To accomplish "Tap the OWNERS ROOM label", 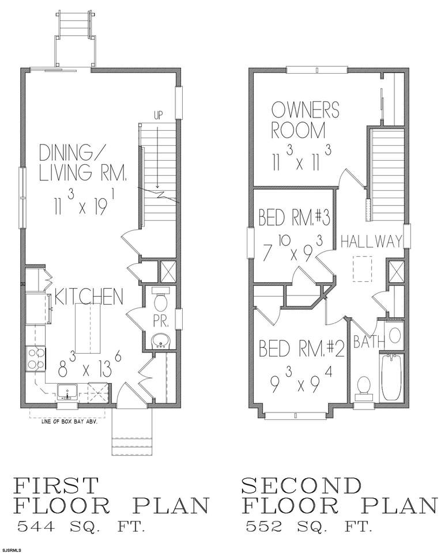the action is (x=305, y=120).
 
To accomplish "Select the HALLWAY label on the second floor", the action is (x=371, y=241).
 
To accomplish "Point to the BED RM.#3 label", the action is (x=294, y=217).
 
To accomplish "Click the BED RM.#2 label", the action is (x=301, y=349).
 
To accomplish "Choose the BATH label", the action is (x=369, y=342).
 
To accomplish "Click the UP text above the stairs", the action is (x=159, y=116).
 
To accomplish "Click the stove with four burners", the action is (x=36, y=359).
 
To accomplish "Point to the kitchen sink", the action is (x=67, y=392).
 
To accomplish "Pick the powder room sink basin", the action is (x=161, y=341).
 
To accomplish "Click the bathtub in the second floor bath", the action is (x=391, y=377).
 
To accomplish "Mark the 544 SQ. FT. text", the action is (x=81, y=527).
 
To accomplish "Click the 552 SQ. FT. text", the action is (x=309, y=527).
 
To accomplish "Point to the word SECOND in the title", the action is (x=302, y=486).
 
